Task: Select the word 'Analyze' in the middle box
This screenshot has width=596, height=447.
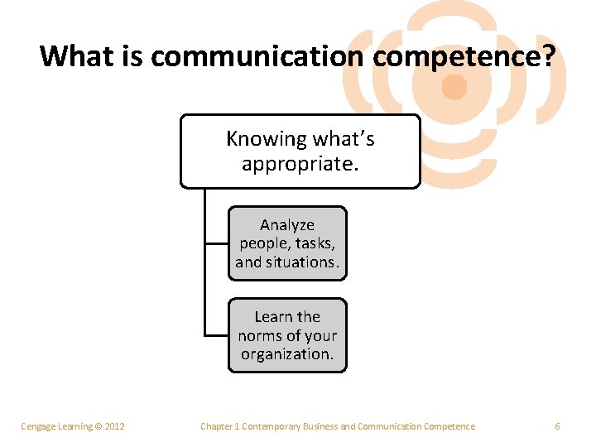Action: (x=287, y=225)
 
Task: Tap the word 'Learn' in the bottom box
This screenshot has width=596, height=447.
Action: (x=274, y=317)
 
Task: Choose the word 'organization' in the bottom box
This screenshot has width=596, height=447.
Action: (x=286, y=353)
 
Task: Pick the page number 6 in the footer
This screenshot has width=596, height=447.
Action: (x=557, y=426)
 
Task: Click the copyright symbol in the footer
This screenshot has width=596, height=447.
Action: (x=98, y=426)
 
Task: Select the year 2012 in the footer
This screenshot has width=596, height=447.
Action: (x=114, y=426)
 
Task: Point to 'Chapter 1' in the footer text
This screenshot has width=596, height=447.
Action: (x=219, y=426)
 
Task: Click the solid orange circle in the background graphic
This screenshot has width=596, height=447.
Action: (x=454, y=86)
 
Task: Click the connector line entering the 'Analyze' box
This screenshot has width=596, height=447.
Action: (x=216, y=244)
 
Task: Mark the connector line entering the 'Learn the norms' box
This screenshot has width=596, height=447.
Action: (x=216, y=335)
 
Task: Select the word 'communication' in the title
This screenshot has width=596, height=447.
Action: (x=257, y=56)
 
